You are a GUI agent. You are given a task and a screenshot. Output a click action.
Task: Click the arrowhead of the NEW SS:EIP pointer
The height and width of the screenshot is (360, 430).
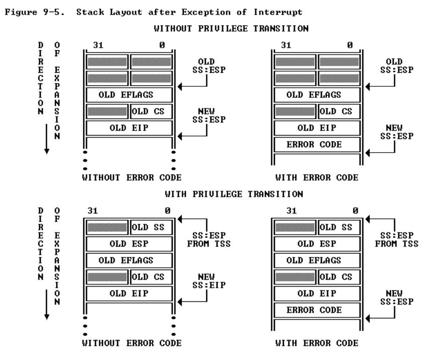coord(180,301)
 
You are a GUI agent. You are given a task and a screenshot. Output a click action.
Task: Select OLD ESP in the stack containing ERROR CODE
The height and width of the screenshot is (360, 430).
coord(316,244)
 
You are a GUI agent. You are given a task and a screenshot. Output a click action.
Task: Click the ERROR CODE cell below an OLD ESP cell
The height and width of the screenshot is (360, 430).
coord(316,310)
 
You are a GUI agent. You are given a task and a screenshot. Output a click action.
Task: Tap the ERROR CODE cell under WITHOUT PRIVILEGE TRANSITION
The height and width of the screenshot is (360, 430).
coord(316,145)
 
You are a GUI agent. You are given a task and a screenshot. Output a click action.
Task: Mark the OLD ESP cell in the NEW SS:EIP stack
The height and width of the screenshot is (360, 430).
coord(129,244)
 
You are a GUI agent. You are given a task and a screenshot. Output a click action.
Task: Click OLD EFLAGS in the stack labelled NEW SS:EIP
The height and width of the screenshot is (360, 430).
coord(129,261)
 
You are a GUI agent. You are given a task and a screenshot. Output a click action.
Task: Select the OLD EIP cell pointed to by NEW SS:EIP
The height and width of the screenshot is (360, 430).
coord(129,294)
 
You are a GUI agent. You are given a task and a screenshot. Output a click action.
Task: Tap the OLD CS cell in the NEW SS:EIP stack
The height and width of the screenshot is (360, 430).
coord(151,277)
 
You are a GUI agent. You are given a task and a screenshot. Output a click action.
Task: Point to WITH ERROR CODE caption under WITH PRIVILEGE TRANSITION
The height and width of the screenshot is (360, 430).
coord(316,343)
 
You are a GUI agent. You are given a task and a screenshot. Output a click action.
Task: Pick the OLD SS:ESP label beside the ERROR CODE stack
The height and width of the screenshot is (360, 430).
coord(394,65)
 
